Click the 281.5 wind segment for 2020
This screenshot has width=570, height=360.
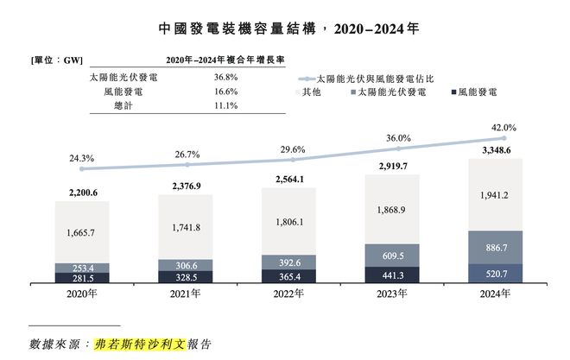pos(82,277)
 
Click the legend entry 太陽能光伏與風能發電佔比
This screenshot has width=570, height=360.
pos(371,78)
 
